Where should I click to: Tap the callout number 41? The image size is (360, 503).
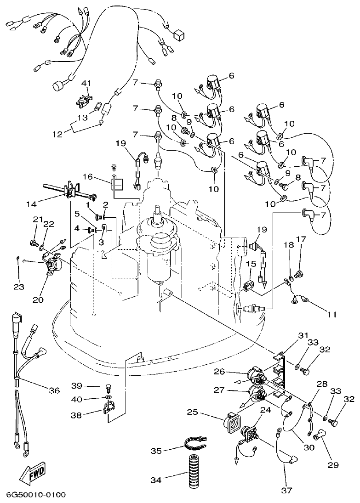[86, 83]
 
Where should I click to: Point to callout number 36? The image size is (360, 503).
[55, 390]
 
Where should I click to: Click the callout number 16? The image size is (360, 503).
[87, 176]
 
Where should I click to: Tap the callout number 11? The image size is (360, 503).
[332, 315]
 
